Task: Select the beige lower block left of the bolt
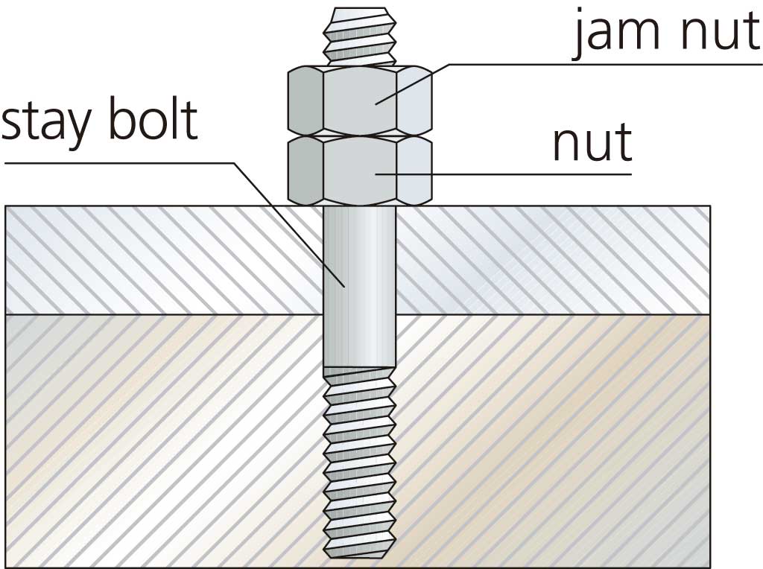click(164, 439)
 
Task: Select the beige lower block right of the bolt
click(551, 439)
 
